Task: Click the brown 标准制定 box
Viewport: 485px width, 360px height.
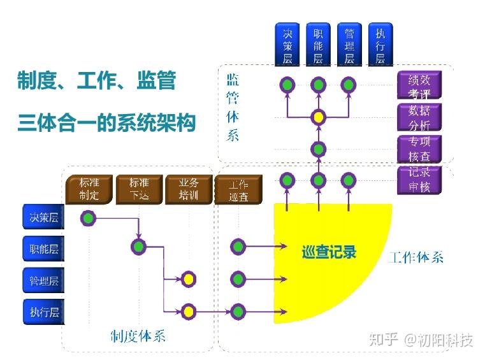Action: (89, 190)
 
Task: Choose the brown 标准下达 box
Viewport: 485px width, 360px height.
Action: (139, 190)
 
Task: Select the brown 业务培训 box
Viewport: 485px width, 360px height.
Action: (189, 190)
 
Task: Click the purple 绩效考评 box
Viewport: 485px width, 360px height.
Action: (419, 86)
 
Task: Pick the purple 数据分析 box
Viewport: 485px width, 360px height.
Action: (419, 118)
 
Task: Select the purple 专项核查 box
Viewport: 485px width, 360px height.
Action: (419, 149)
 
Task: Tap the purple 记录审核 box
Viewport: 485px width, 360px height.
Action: (419, 180)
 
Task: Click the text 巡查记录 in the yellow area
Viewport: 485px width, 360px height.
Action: (328, 252)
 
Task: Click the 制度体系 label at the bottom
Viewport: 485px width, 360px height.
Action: (138, 335)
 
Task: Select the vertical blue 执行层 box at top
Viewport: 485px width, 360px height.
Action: (380, 45)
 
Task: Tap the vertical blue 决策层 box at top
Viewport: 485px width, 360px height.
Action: (287, 45)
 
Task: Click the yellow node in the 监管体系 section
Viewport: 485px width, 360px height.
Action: (318, 117)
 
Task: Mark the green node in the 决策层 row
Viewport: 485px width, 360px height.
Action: (89, 219)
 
